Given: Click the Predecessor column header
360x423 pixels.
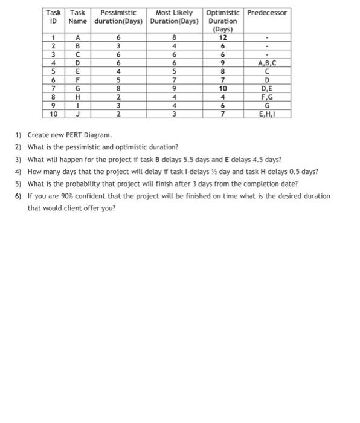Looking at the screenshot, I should [267, 13].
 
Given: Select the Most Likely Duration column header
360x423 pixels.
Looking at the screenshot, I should [174, 17].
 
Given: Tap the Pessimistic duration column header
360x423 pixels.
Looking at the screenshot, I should [118, 17].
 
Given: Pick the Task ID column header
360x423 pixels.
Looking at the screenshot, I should [54, 17].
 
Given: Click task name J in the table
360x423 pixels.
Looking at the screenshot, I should [77, 113].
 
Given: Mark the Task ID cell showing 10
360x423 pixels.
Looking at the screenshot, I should [54, 113].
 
